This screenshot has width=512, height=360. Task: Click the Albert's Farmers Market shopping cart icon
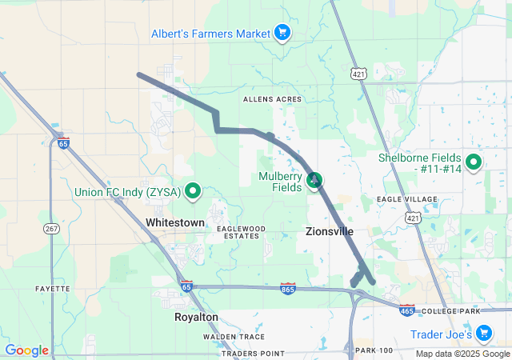tap(282, 33)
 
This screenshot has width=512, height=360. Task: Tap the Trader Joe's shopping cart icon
tap(483, 333)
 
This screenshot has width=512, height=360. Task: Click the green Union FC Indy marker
tap(193, 191)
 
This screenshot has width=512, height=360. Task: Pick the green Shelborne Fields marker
tap(473, 162)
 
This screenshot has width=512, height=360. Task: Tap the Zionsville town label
tap(330, 231)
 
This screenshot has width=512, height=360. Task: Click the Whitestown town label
tap(175, 222)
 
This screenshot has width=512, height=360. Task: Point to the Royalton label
tap(196, 317)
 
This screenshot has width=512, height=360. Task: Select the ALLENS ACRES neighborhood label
tap(273, 98)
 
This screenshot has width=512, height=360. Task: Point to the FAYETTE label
tap(53, 288)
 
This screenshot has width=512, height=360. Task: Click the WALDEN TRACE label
tap(234, 337)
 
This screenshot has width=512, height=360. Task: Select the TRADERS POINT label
tap(252, 353)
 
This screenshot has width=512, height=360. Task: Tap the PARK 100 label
tap(374, 350)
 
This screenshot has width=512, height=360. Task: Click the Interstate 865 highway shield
tap(289, 288)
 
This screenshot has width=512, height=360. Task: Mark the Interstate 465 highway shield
tap(406, 309)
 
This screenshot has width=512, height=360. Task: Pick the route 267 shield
tap(50, 229)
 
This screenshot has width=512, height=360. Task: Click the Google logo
tap(27, 350)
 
